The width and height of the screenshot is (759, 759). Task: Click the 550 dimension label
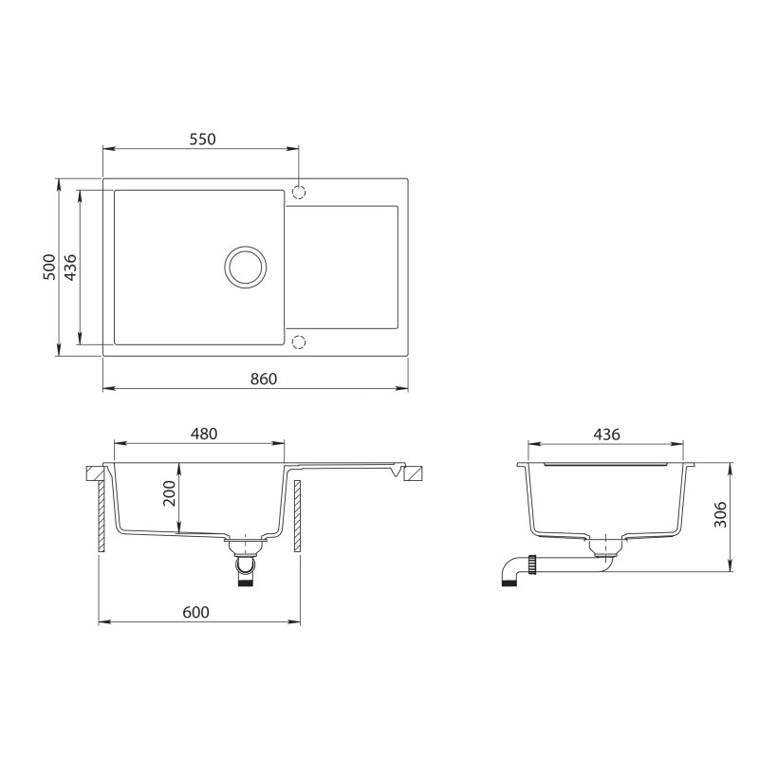[x=202, y=139]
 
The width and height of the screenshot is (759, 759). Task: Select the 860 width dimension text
[x=263, y=379]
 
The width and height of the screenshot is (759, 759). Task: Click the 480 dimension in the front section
[x=204, y=434]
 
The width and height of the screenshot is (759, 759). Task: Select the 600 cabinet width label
[x=194, y=613]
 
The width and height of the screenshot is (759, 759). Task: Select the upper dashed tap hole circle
[x=298, y=193]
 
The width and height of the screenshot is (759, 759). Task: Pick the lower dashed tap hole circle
[x=298, y=342]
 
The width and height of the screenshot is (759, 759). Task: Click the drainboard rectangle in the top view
[x=342, y=267]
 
